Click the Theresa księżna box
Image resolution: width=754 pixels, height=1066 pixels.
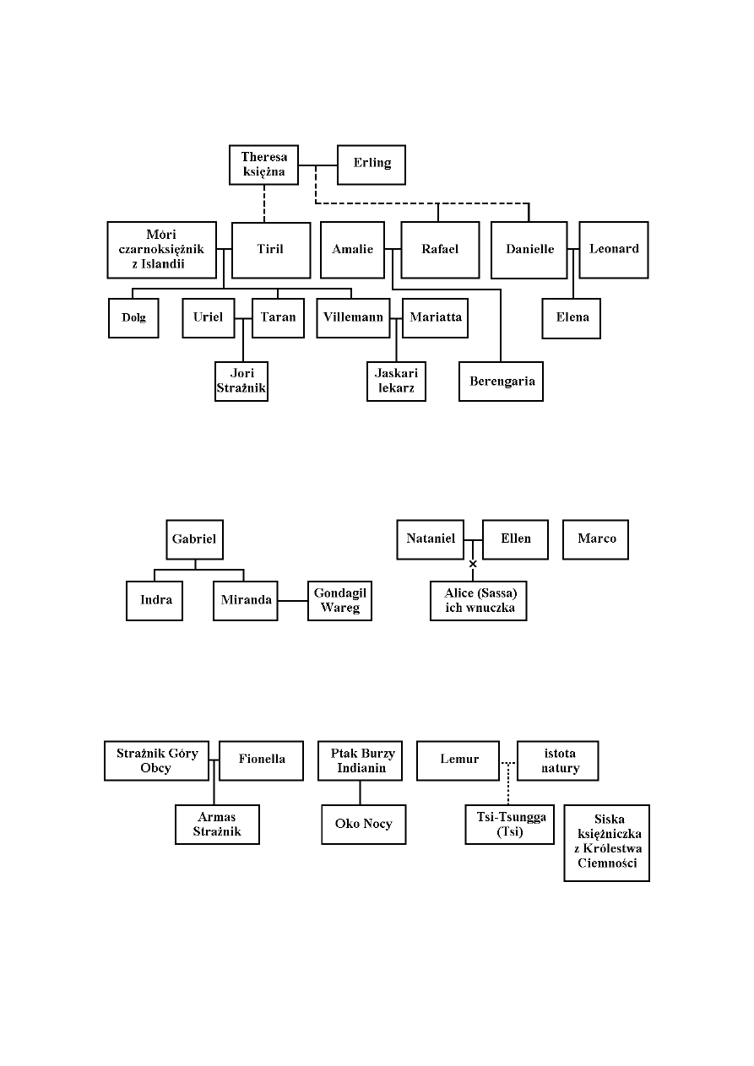(263, 165)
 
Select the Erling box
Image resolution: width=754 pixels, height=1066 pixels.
(372, 165)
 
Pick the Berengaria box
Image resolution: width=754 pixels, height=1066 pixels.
(502, 381)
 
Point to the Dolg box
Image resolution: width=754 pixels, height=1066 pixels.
(133, 318)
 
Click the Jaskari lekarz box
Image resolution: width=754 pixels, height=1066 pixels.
(397, 381)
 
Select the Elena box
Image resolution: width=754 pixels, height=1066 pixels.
(572, 318)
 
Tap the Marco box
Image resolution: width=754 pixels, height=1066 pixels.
(596, 539)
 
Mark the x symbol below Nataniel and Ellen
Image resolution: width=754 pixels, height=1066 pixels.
(473, 564)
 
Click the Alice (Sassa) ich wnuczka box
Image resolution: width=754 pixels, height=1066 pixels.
(479, 600)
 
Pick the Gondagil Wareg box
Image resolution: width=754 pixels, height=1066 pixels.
(339, 600)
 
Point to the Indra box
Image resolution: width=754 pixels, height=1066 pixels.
(155, 600)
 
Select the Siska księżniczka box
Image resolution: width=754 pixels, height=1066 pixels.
(606, 842)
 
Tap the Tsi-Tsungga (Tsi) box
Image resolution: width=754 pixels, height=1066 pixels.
(509, 824)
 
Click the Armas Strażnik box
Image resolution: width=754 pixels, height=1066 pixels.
(217, 824)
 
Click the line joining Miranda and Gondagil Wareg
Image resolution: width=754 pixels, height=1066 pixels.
(292, 600)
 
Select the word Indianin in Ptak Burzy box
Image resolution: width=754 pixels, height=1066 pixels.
(361, 768)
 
